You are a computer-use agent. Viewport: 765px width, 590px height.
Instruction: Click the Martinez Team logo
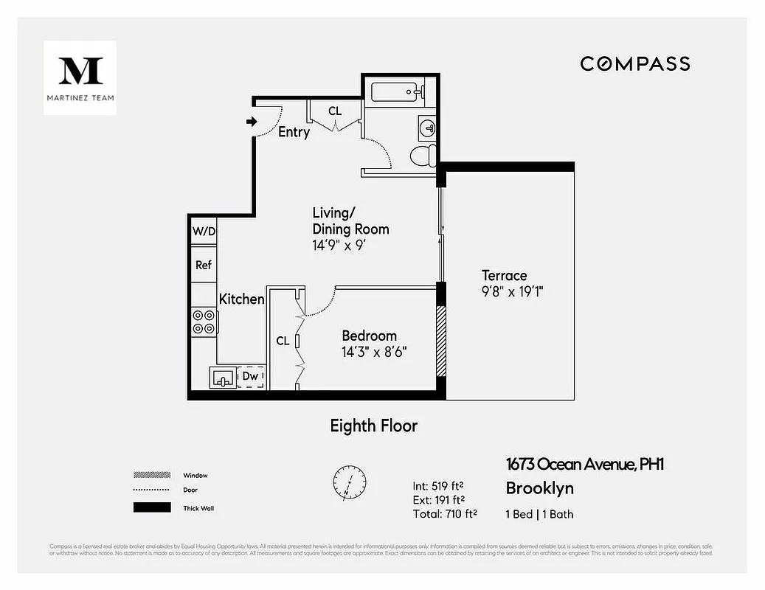click(80, 77)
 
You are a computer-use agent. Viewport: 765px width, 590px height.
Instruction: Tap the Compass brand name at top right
click(634, 64)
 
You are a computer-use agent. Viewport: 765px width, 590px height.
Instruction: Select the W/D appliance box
click(204, 232)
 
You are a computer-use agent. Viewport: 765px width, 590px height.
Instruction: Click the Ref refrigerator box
click(204, 265)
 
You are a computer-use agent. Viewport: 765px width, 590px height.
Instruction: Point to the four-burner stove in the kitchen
click(204, 322)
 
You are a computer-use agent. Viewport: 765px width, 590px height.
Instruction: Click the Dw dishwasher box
click(251, 377)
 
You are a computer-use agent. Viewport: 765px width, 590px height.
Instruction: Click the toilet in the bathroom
click(422, 155)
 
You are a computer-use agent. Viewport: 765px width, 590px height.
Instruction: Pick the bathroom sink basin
click(426, 126)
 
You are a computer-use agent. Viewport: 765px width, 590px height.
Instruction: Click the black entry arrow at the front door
click(251, 121)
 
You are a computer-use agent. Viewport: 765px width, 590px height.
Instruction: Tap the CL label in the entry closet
click(335, 111)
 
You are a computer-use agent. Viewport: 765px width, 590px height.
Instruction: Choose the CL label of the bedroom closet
click(283, 341)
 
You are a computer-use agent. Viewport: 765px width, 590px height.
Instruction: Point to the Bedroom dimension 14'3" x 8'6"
click(374, 352)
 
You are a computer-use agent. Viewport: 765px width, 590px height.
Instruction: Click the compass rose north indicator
click(347, 480)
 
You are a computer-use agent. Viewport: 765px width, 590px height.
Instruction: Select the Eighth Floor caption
click(373, 426)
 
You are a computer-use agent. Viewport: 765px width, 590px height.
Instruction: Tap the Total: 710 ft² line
click(444, 514)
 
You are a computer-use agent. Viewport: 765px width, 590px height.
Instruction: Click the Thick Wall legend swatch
click(151, 507)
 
